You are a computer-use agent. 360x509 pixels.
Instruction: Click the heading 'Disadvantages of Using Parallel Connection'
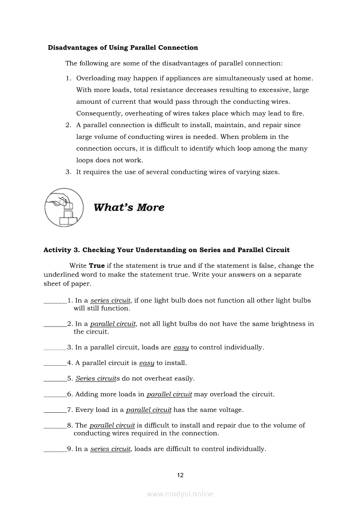pos(123,48)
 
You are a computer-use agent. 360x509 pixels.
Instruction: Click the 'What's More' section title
pos(129,207)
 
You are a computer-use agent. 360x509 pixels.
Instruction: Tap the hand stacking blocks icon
pos(64,207)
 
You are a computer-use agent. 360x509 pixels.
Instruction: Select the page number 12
pos(180,475)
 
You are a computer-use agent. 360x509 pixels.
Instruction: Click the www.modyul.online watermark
pos(180,494)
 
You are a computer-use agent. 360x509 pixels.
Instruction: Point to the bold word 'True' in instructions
pos(97,266)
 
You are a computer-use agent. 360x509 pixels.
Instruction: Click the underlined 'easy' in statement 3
pos(181,347)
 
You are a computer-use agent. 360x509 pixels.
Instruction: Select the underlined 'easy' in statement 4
pos(146,363)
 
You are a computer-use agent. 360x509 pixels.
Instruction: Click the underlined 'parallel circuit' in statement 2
pos(113,324)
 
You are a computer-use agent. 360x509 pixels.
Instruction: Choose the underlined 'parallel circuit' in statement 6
pos(169,394)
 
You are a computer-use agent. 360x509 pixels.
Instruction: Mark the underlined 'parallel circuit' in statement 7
pos(149,410)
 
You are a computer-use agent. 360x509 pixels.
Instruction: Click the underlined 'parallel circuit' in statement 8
pos(112,425)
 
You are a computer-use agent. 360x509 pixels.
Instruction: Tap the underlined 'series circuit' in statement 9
pos(111,449)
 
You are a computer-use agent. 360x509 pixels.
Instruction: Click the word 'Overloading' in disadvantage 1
pos(96,78)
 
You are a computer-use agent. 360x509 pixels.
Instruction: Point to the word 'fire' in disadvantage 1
pos(297,114)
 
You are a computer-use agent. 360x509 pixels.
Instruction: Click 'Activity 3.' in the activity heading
pos(62,250)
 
